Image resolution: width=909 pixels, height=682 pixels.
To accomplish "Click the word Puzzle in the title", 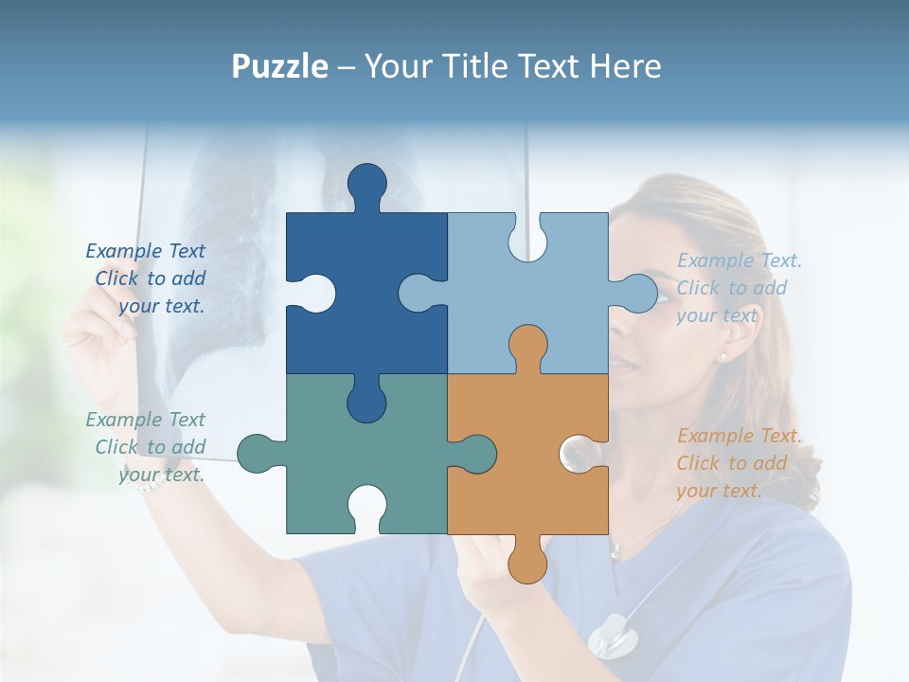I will click(280, 66).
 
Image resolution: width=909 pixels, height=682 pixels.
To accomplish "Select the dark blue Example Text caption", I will click(147, 278).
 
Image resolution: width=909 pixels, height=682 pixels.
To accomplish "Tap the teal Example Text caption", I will click(147, 447).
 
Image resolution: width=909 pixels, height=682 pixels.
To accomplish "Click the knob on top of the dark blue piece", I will click(367, 185).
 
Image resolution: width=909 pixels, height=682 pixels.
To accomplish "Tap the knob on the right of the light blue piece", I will click(636, 293).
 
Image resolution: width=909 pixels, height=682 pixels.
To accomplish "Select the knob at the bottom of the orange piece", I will click(527, 561).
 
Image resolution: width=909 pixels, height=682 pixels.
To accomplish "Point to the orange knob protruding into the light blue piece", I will click(527, 346).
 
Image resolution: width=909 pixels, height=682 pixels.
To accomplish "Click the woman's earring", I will click(723, 357).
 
